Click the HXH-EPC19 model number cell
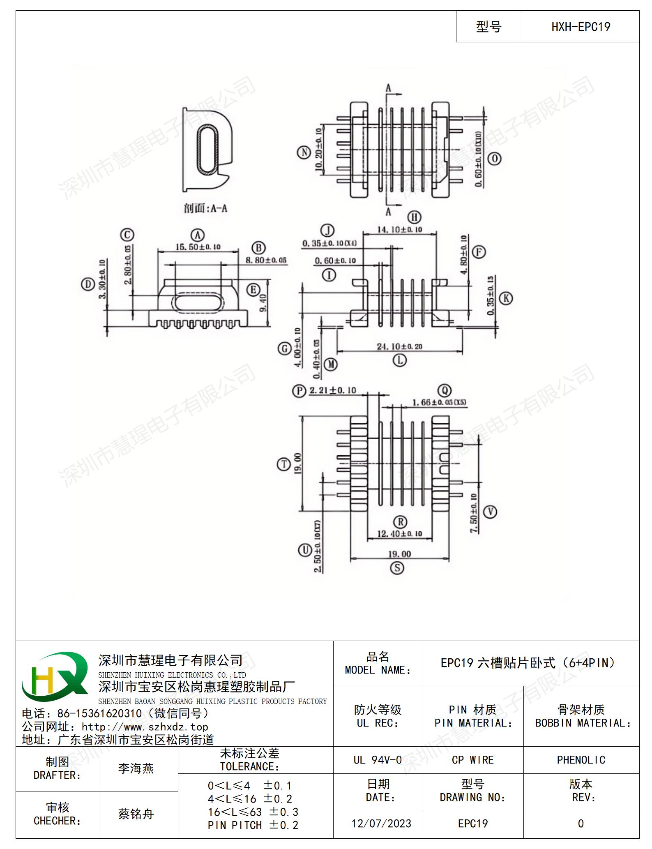[x=581, y=27]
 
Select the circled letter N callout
[x=304, y=152]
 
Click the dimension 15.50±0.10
[x=198, y=247]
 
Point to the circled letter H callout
[x=414, y=217]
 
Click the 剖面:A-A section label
[x=205, y=208]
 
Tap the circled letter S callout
[x=397, y=568]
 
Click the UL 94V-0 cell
[x=378, y=760]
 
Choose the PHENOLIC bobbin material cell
[x=581, y=760]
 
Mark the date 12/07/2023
[x=381, y=824]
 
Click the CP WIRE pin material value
[x=472, y=760]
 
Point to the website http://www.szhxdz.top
[x=145, y=727]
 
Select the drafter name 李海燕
[x=136, y=768]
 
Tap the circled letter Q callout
[x=445, y=390]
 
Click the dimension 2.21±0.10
[x=332, y=390]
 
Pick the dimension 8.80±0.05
[x=266, y=260]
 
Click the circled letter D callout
[x=88, y=284]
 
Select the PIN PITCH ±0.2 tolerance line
[x=253, y=825]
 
